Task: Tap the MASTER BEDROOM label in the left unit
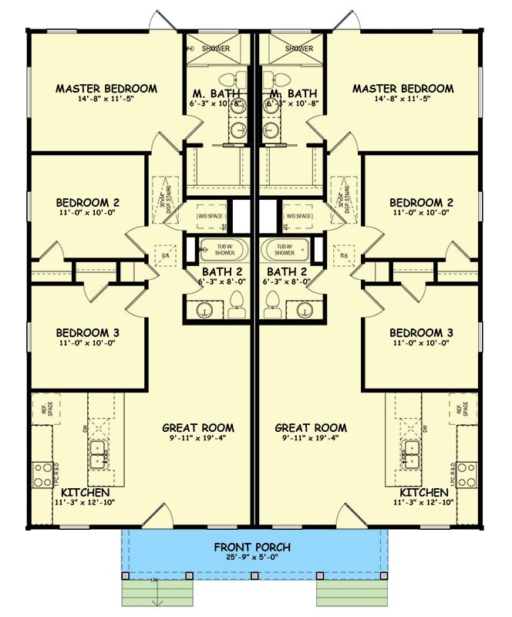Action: point(106,89)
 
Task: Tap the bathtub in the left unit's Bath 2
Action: point(220,250)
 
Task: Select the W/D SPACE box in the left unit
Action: point(213,217)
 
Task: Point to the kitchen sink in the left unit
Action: point(98,455)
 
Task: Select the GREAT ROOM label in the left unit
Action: point(198,428)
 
